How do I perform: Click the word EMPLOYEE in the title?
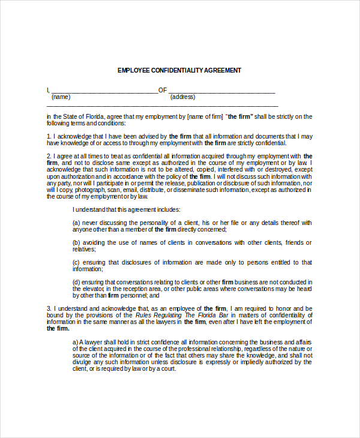133,70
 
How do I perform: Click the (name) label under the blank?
61,97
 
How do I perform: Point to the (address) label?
182,97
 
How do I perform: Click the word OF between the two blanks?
162,90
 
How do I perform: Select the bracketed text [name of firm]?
205,116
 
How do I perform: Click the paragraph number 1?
49,136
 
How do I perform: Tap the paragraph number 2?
49,156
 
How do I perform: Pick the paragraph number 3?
49,308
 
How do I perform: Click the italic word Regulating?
153,315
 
